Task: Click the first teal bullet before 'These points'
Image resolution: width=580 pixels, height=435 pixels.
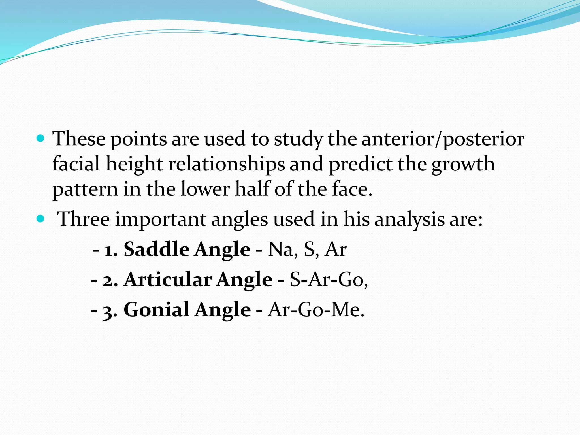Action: [41, 138]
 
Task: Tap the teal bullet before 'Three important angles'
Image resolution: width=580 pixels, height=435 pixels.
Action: [41, 219]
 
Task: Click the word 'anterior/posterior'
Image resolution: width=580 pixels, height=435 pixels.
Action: [443, 139]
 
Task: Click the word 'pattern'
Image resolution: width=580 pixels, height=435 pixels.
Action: [85, 189]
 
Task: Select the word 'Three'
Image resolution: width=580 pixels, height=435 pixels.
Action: [84, 219]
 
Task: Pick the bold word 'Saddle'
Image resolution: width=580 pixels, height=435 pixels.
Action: [157, 249]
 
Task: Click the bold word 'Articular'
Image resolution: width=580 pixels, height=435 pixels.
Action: [168, 279]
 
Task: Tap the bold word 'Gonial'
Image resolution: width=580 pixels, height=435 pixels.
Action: [157, 309]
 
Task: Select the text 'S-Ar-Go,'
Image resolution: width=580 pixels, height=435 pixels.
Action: [329, 280]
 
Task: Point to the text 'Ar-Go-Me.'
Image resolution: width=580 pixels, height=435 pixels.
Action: [316, 310]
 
